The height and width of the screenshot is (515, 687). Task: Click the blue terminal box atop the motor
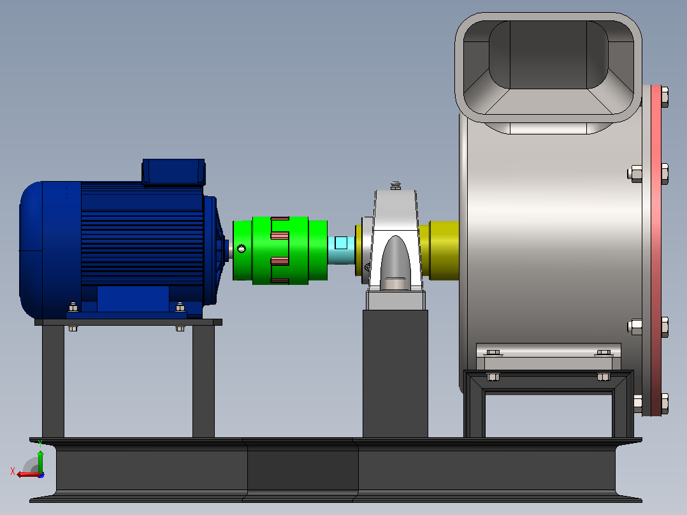click(x=174, y=172)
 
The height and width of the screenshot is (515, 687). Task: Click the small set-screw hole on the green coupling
click(x=242, y=249)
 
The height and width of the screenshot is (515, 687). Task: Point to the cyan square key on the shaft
click(x=341, y=243)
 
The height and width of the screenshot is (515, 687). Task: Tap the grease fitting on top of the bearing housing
click(x=396, y=185)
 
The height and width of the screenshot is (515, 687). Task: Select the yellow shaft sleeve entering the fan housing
click(x=444, y=250)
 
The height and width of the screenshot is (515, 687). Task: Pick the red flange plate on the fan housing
click(x=656, y=250)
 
